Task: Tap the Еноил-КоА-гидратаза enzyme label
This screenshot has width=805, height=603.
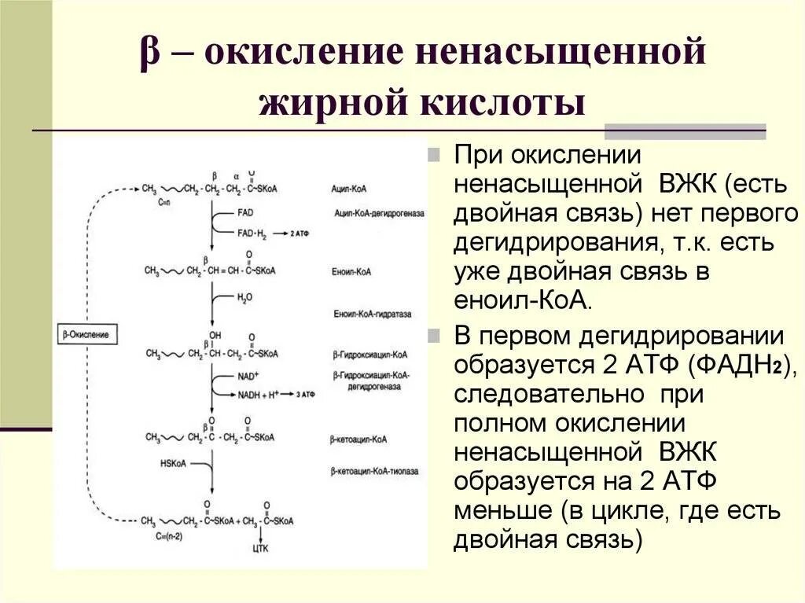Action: point(372,314)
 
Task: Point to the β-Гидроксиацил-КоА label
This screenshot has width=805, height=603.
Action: point(369,355)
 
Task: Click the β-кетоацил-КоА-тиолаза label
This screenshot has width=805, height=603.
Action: point(375,471)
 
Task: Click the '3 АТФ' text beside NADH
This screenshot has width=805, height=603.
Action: point(304,392)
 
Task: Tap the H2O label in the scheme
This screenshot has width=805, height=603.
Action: point(245,298)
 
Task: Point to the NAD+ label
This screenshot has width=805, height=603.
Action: point(248,377)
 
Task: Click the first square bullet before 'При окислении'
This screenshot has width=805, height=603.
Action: point(434,154)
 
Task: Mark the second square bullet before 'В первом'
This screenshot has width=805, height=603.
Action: point(434,336)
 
